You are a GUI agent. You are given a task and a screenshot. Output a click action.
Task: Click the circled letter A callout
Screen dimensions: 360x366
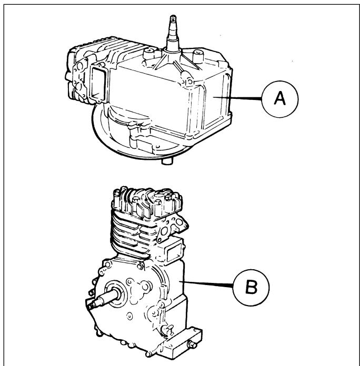pos(280,99)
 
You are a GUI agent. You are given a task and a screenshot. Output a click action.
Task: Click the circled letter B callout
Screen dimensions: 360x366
pos(251,287)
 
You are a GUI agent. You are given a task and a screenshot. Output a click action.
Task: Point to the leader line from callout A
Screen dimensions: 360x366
pos(237,98)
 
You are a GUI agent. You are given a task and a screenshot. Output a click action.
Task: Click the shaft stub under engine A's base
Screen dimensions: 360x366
pos(167,161)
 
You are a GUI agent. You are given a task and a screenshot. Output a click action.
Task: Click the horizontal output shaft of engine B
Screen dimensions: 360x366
pos(102,300)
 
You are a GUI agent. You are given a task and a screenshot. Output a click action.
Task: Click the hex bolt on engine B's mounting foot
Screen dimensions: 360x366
pos(192,344)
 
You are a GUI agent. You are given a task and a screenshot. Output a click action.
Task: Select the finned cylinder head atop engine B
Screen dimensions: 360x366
pos(147,202)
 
